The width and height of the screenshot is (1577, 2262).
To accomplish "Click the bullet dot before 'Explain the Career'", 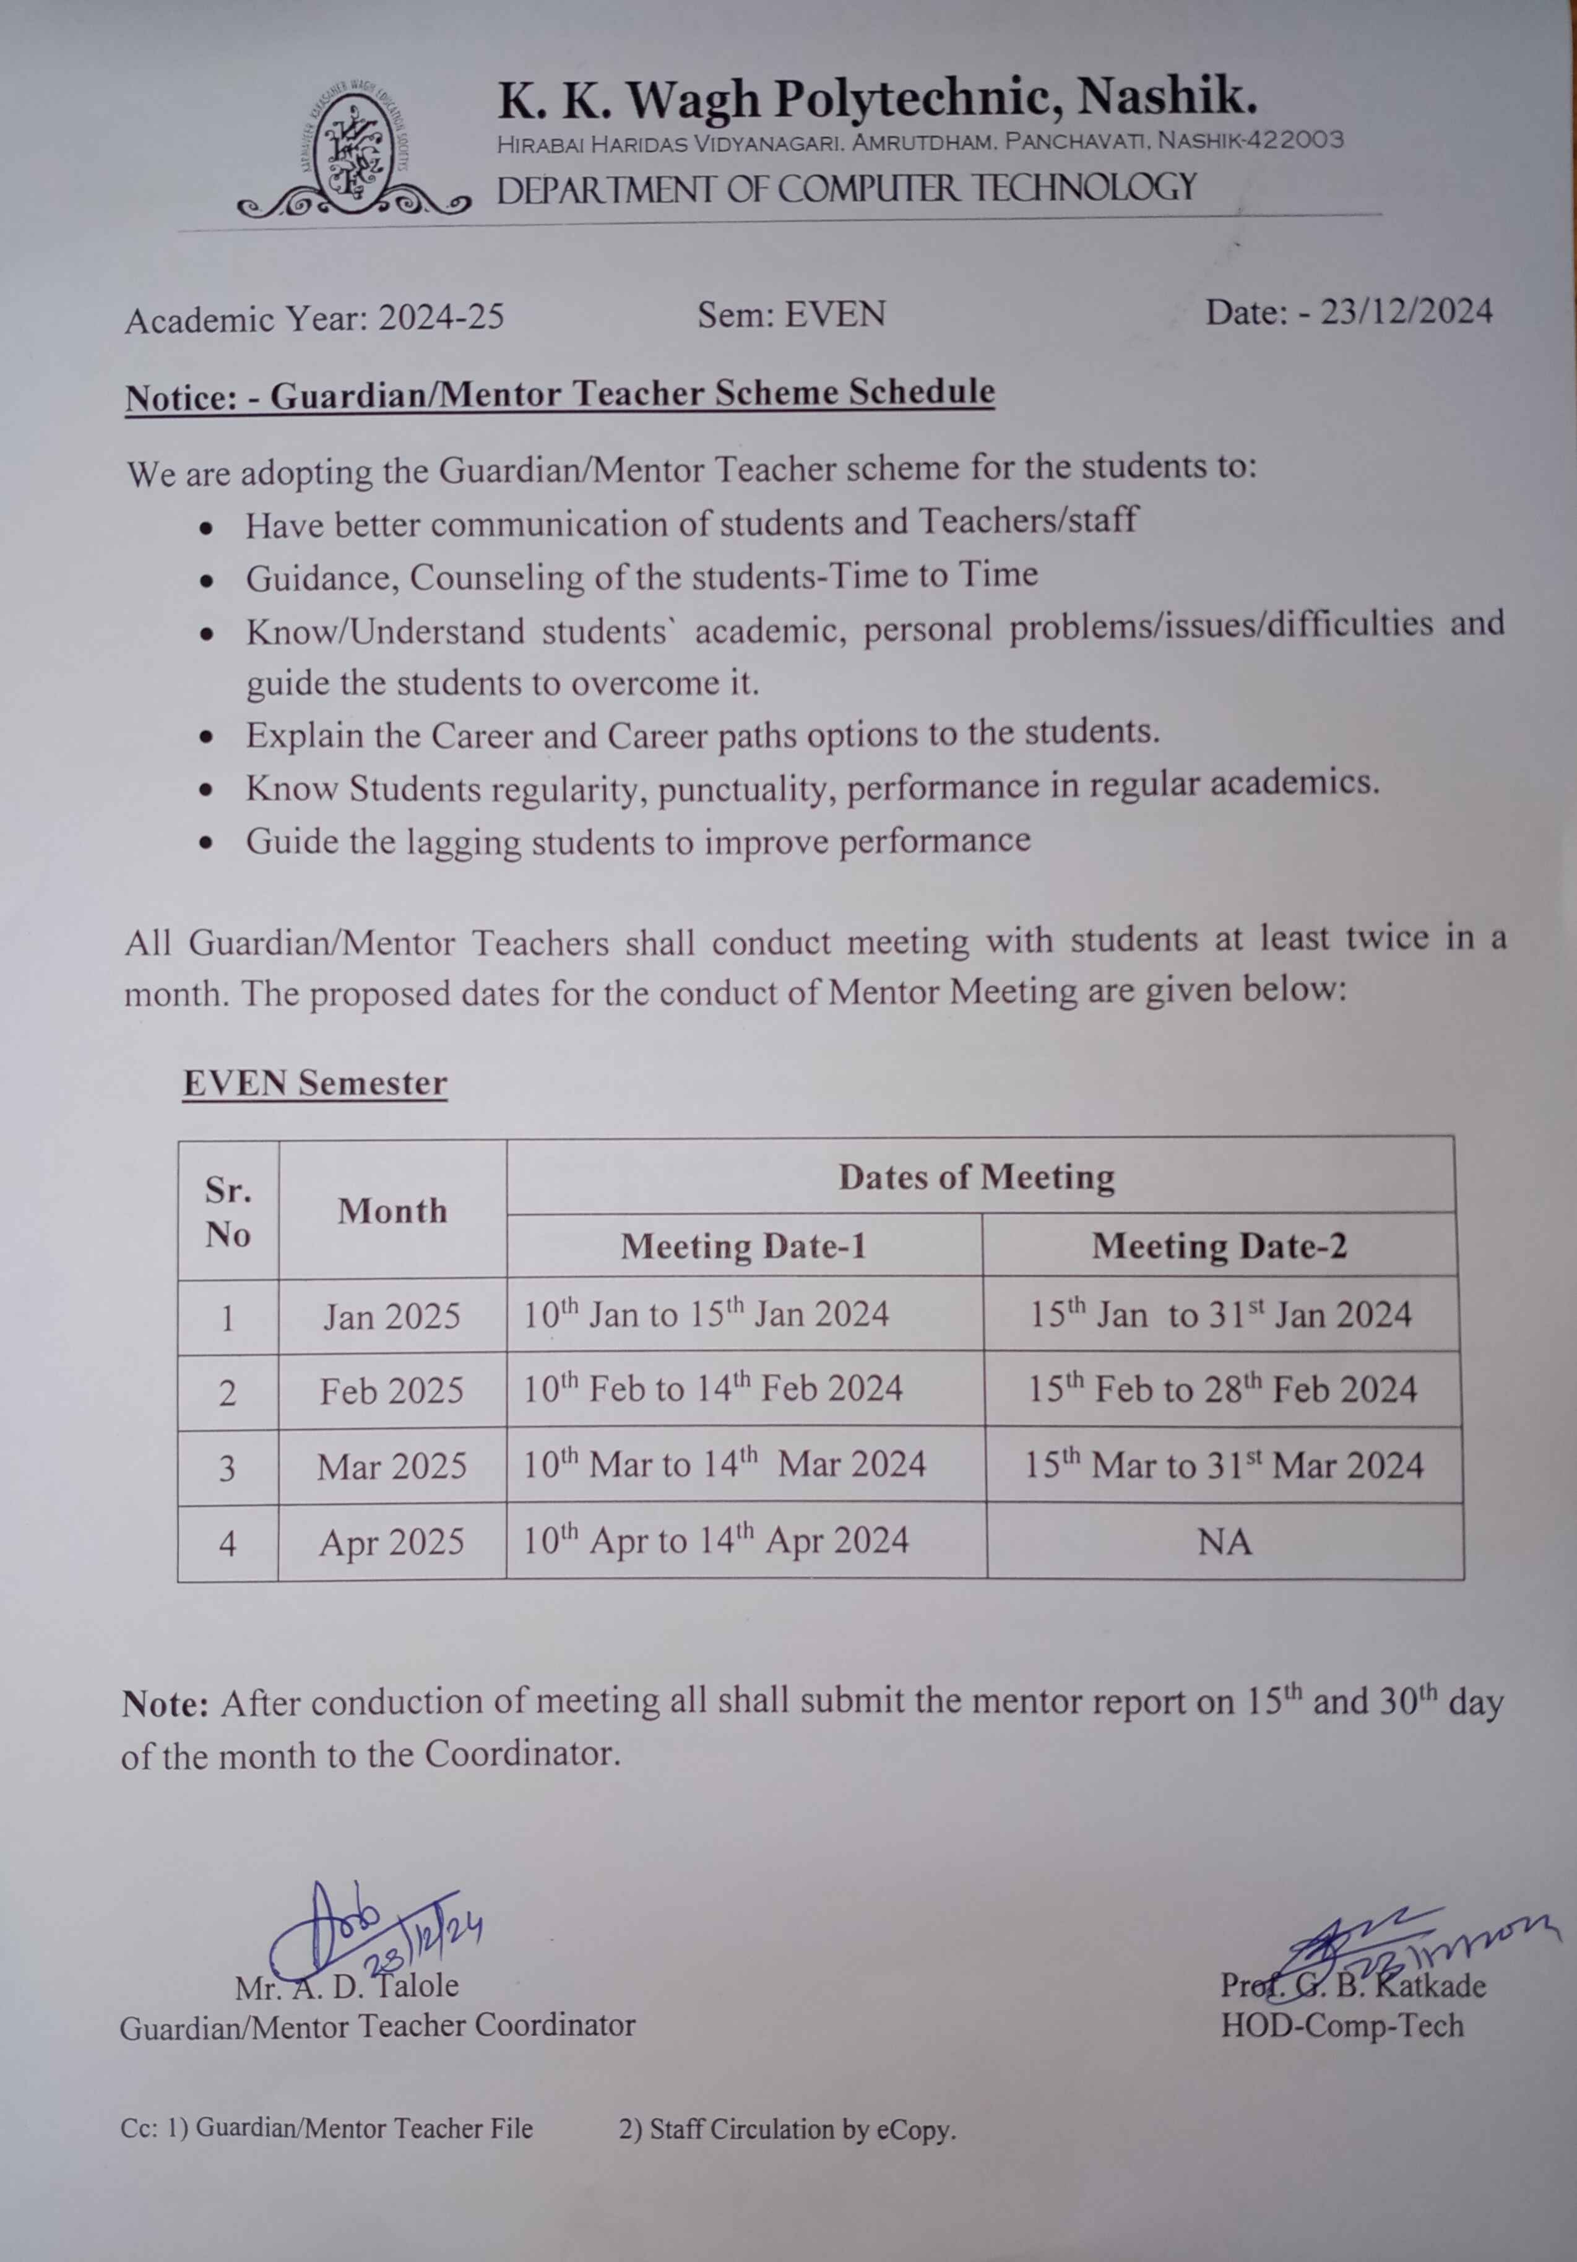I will [206, 736].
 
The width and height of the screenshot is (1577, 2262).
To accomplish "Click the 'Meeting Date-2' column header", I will [1219, 1247].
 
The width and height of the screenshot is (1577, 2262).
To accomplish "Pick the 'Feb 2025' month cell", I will [391, 1391].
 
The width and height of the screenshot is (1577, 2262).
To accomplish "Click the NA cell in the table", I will [1224, 1542].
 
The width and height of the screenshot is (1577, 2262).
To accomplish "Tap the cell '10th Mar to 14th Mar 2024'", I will [724, 1465].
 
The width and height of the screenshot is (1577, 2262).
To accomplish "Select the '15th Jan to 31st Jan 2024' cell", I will [1219, 1315].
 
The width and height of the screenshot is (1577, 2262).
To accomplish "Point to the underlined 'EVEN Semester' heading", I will [315, 1084].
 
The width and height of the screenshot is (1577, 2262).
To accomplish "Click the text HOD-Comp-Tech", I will [1342, 2027].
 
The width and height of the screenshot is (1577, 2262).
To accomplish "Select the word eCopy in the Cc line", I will [915, 2131].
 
